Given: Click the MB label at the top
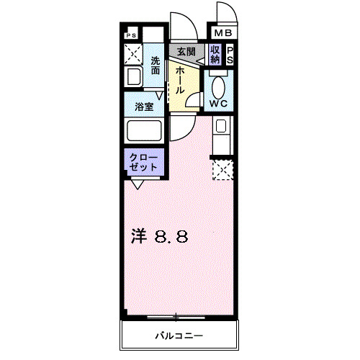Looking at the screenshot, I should coord(222,32).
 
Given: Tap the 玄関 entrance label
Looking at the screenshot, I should coord(186,52).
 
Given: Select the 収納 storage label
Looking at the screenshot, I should coord(215,54).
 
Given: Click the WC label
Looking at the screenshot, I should coord(218,103).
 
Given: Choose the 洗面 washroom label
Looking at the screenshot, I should coord(156,66).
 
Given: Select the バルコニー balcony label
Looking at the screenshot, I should coord(178,336).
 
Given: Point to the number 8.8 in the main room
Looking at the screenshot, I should coord(169,235).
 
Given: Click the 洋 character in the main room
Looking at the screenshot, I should coord(138,235).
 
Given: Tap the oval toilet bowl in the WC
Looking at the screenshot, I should coord(219,86).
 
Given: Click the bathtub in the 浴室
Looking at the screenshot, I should coord(143,131).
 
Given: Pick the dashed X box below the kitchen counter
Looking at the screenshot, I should coord(222,170).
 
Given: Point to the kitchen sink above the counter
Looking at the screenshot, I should coord(221,128).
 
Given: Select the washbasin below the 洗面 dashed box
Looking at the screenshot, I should coord(133,77).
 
